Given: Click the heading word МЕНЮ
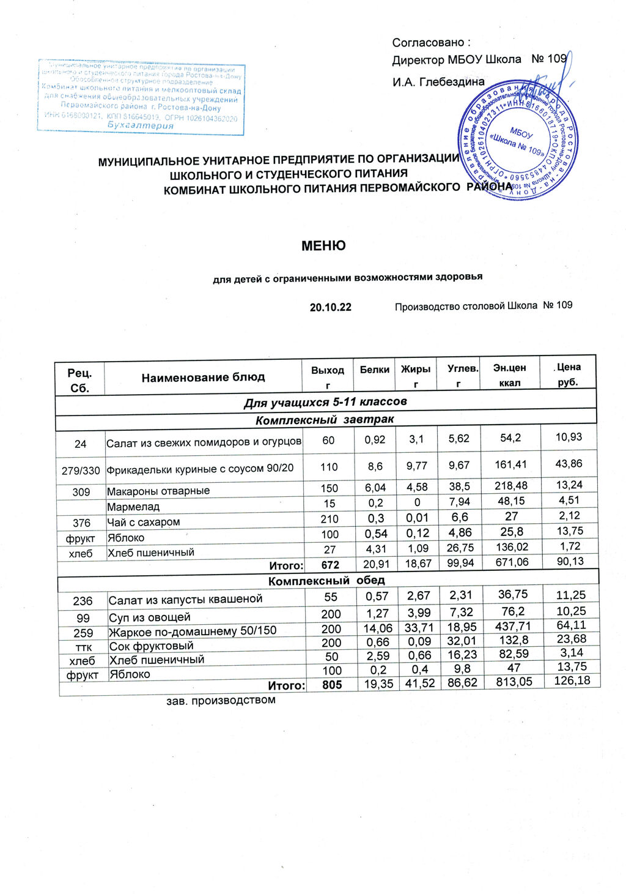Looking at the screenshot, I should click(323, 246).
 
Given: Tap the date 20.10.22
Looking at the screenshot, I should click(330, 307).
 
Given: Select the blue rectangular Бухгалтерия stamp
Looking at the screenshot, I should click(141, 97).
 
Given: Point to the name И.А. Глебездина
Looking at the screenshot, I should click(438, 82).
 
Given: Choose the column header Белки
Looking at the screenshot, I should click(374, 370).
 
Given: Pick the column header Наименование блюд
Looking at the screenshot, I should click(203, 378).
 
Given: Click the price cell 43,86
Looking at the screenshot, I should click(568, 464).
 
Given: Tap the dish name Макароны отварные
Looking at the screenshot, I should click(158, 491).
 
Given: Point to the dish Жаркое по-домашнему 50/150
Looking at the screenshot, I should click(192, 631).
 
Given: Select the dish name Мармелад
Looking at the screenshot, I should click(133, 507).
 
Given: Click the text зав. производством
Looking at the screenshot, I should click(221, 699).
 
